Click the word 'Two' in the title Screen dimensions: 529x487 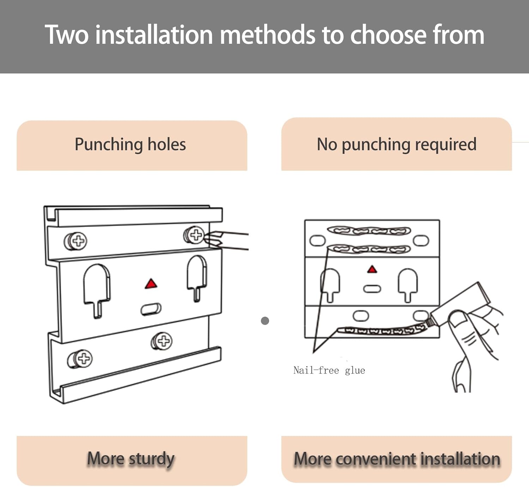(67, 35)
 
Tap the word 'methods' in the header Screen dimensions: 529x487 (267, 35)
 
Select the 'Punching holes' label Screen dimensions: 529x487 (130, 145)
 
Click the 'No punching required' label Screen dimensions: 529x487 (397, 145)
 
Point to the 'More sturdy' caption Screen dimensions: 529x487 (131, 459)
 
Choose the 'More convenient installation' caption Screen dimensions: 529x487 (397, 459)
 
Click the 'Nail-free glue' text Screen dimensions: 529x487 (329, 370)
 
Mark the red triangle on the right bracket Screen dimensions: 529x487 (372, 269)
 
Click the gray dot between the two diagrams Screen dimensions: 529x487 (265, 321)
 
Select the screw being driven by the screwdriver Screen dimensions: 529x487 (194, 235)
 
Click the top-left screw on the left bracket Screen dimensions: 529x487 (76, 241)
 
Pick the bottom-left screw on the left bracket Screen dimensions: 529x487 (80, 359)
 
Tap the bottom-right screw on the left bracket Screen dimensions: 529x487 (162, 341)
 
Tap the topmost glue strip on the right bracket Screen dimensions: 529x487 (369, 231)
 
